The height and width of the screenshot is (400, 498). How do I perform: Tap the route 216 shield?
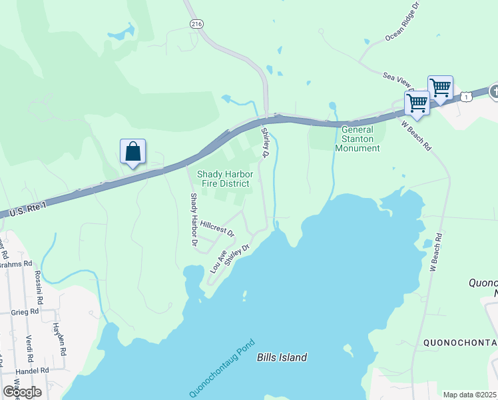pyautogui.click(x=196, y=23)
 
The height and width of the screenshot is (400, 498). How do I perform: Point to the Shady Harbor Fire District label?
pyautogui.click(x=223, y=179)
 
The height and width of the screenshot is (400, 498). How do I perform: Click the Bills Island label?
pyautogui.click(x=282, y=357)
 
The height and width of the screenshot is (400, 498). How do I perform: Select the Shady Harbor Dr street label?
pyautogui.click(x=194, y=221)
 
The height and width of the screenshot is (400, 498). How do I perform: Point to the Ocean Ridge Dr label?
pyautogui.click(x=403, y=22)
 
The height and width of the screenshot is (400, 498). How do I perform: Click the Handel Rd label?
pyautogui.click(x=35, y=370)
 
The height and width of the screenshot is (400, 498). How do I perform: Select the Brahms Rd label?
pyautogui.click(x=16, y=264)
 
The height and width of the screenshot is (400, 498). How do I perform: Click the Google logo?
pyautogui.click(x=23, y=392)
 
